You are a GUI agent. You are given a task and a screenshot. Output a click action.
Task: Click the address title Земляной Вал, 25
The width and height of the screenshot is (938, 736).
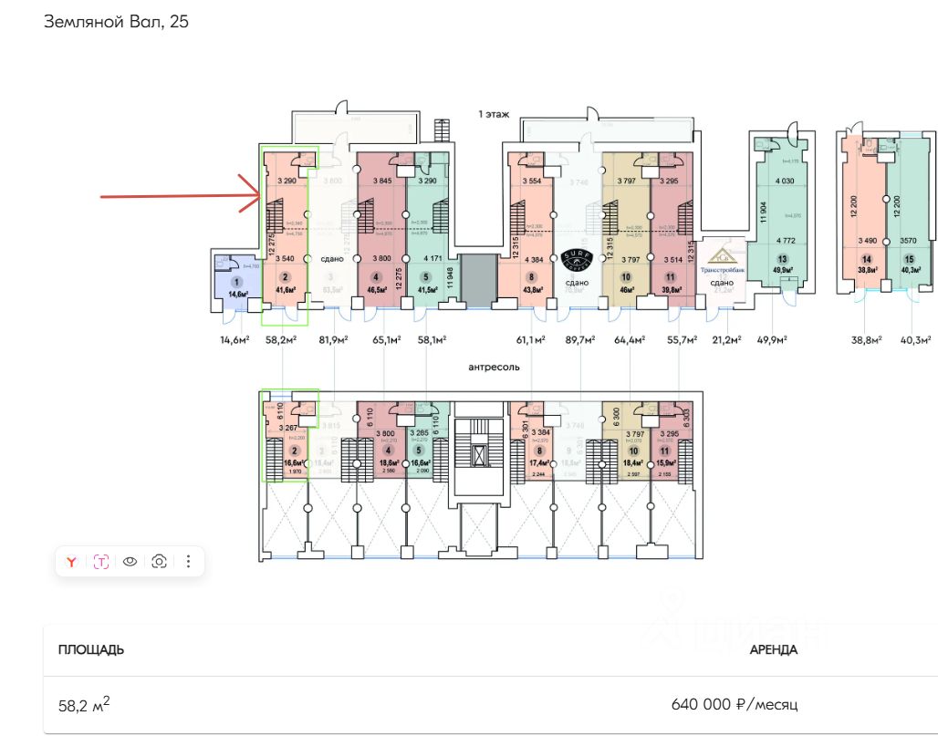pos(116,22)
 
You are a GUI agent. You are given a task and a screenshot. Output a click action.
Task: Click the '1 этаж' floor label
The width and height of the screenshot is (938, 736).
pos(494,115)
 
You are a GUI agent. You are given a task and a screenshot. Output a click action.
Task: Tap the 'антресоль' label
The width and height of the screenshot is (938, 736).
pos(493,367)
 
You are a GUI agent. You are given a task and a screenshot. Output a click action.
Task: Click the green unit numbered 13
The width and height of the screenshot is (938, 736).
pos(781,264)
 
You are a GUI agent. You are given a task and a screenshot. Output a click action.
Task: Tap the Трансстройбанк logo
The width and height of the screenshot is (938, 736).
pos(722,263)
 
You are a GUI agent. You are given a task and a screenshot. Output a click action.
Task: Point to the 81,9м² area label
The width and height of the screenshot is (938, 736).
pos(334,340)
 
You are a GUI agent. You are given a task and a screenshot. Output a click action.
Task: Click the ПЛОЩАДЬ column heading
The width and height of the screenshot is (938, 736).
pos(91,650)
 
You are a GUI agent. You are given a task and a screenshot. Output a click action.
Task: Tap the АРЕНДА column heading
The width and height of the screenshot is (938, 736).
pos(773,650)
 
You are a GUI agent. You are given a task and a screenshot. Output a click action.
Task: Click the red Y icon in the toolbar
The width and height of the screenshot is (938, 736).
pos(71,562)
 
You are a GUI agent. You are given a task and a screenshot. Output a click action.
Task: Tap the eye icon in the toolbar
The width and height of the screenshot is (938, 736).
pos(130,562)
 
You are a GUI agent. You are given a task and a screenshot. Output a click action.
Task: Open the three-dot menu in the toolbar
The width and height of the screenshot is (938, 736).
pos(188,562)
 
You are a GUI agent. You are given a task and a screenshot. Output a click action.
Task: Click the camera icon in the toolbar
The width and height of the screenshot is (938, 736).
pos(159,562)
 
